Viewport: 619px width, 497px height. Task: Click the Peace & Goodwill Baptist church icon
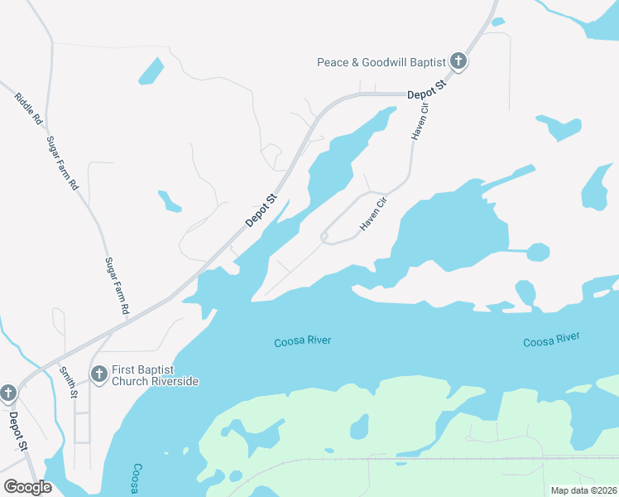click(458, 61)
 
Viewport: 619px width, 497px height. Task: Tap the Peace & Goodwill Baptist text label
click(381, 62)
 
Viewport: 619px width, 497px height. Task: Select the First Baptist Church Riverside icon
click(98, 375)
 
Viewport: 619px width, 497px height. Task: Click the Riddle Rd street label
click(28, 109)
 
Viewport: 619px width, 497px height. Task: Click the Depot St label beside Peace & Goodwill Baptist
click(427, 90)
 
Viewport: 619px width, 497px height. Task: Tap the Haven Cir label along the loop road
click(373, 214)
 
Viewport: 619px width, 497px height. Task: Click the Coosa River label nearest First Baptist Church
click(302, 341)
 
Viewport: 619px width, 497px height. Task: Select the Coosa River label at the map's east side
click(551, 340)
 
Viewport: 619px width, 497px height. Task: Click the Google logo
click(27, 487)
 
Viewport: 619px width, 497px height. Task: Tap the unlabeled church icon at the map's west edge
click(8, 393)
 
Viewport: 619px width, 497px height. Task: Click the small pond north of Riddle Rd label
click(151, 70)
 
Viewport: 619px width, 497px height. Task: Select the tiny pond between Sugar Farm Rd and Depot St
click(170, 201)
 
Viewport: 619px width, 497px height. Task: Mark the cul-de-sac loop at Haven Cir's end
click(325, 238)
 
